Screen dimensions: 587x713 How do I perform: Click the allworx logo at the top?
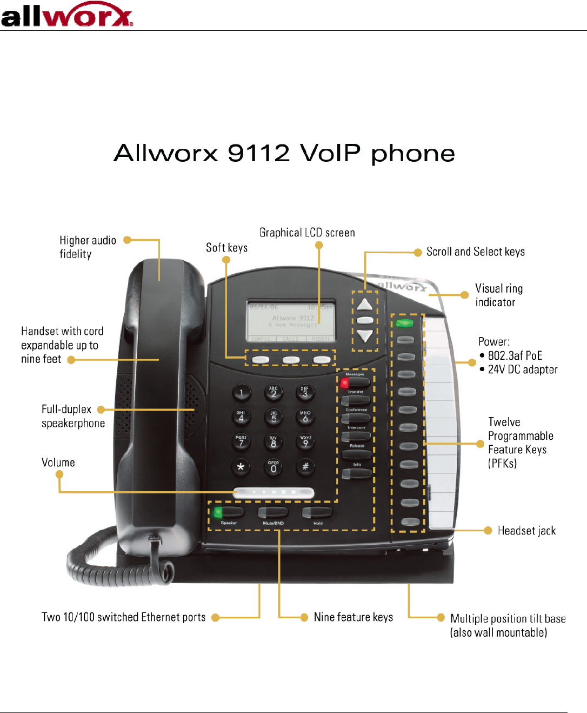(66, 15)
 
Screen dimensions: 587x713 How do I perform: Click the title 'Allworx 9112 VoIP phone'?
(284, 153)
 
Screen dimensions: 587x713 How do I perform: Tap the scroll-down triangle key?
(365, 336)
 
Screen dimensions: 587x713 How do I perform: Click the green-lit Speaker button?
(228, 512)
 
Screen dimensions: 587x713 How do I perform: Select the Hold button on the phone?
(317, 512)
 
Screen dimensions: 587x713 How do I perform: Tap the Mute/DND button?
(273, 512)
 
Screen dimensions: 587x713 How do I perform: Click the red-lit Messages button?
(355, 382)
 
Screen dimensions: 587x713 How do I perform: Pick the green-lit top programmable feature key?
(404, 323)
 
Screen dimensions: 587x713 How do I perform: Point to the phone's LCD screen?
(291, 321)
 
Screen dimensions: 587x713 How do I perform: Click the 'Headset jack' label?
(526, 531)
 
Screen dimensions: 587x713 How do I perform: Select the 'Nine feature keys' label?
(353, 617)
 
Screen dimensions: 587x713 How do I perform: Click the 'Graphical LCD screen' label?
(307, 233)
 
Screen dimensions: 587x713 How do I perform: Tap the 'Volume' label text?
(58, 463)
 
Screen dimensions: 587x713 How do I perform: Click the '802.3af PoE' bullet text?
(515, 355)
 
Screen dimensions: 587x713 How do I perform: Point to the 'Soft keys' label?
(226, 248)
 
